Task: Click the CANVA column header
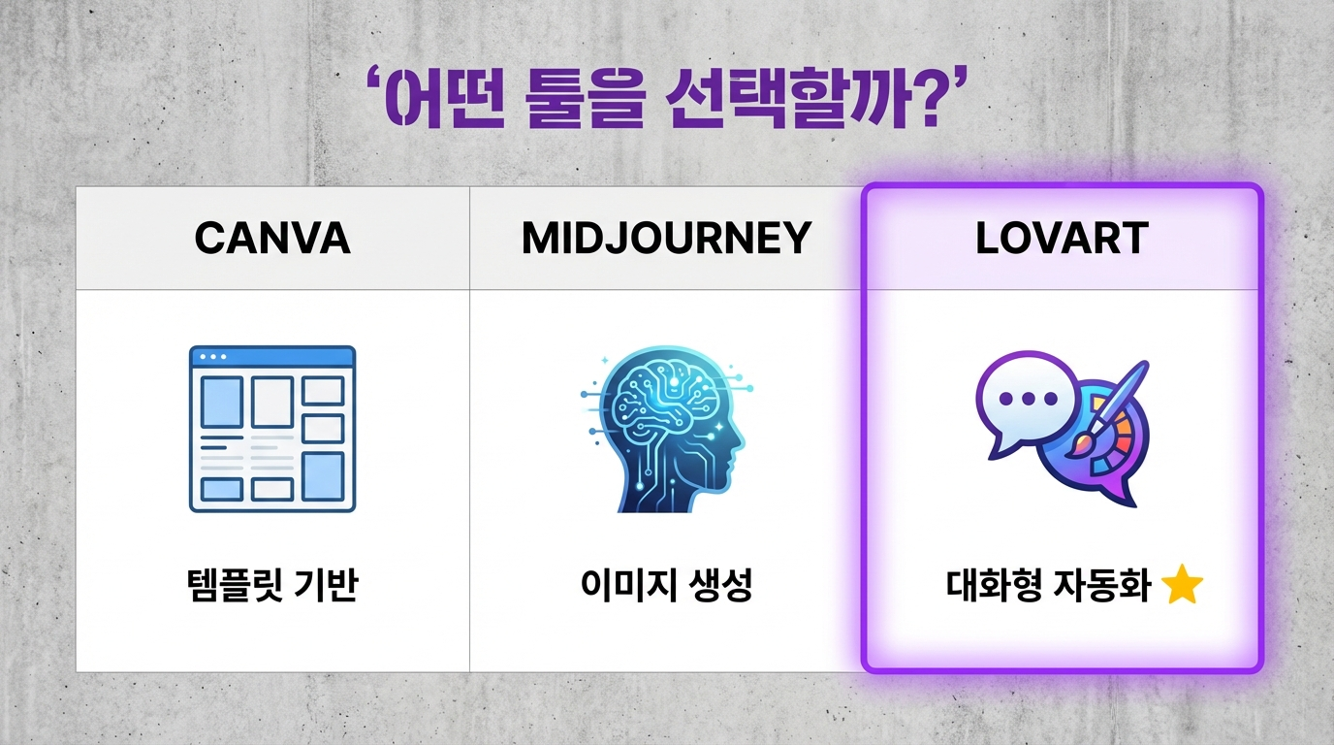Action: click(x=272, y=238)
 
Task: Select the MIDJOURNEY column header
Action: click(x=666, y=238)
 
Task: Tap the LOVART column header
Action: click(x=1062, y=238)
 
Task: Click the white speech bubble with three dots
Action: click(x=1023, y=401)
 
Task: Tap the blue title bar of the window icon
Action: click(x=272, y=357)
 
